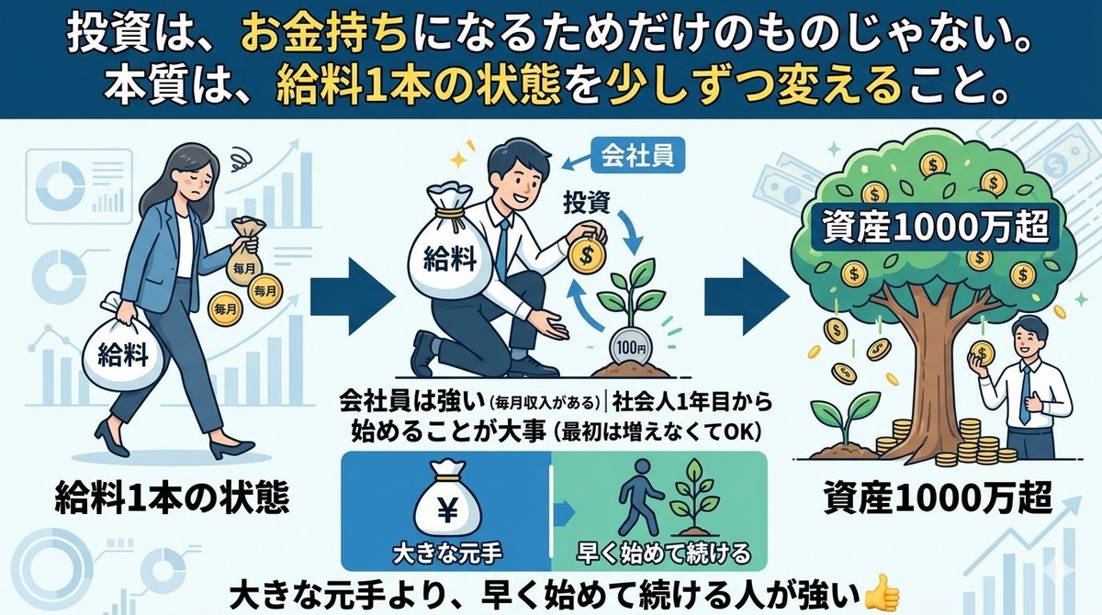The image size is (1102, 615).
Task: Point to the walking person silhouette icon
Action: point(638,497)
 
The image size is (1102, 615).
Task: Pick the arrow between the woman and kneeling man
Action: point(353,298)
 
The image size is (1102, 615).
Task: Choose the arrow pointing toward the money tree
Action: point(747,297)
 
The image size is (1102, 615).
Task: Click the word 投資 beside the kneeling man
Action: point(588,204)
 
